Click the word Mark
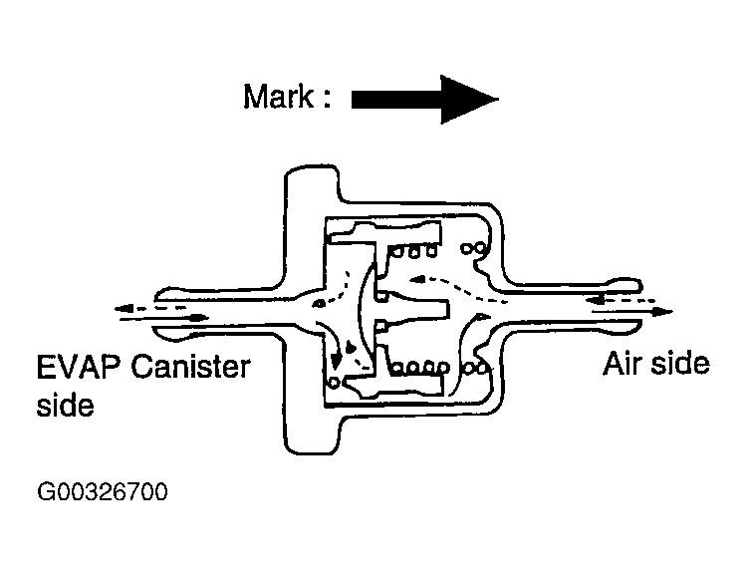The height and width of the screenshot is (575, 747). pos(278,97)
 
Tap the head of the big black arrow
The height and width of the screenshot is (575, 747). pos(469,100)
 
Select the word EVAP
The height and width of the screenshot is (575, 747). pos(79,367)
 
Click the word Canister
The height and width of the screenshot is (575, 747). pos(190,367)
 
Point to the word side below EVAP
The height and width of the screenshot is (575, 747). pos(66,406)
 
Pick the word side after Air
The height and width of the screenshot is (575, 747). pos(680,364)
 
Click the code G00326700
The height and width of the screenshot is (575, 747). pos(103,491)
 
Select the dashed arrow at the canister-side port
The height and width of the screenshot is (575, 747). pos(150,309)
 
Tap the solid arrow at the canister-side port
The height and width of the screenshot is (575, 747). pos(164,318)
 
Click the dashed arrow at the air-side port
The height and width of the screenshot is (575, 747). pos(621,300)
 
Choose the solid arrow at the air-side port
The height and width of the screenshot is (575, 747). pos(631,312)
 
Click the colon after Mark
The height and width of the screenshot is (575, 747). pos(326,98)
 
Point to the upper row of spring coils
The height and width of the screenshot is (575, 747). pos(412,251)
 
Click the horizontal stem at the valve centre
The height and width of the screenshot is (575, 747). pos(413,311)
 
